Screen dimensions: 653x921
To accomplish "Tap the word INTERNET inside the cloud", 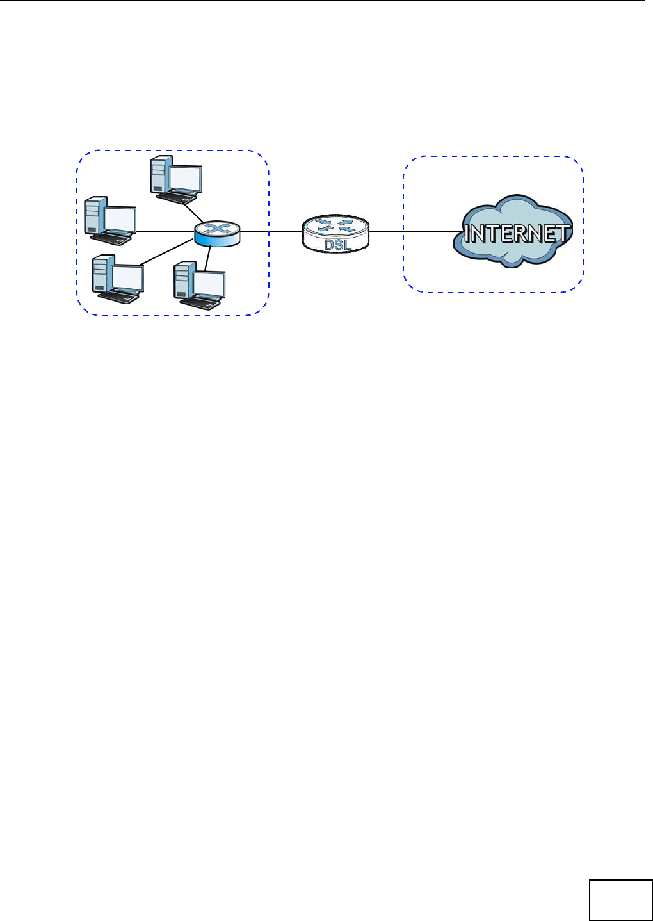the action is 516,234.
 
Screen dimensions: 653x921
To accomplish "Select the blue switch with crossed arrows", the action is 217,233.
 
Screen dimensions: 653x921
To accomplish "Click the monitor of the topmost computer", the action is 184,177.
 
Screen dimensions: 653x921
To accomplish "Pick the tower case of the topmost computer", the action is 158,174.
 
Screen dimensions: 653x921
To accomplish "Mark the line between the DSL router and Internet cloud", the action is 416,231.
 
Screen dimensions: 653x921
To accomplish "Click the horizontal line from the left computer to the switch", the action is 163,231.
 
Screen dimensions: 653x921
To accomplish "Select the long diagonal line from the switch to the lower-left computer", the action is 166,252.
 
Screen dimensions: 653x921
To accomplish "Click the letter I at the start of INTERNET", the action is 468,234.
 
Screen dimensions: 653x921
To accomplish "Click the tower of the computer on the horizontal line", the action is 93,216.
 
